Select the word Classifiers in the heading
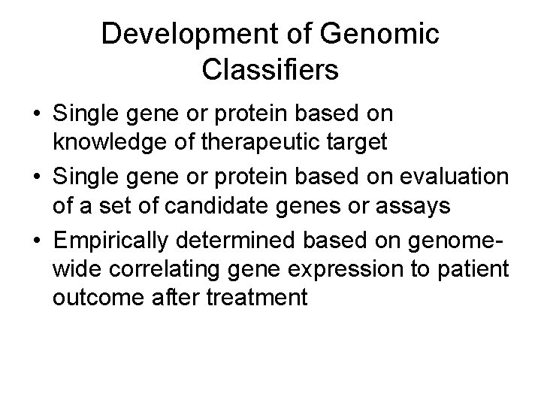270,71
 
